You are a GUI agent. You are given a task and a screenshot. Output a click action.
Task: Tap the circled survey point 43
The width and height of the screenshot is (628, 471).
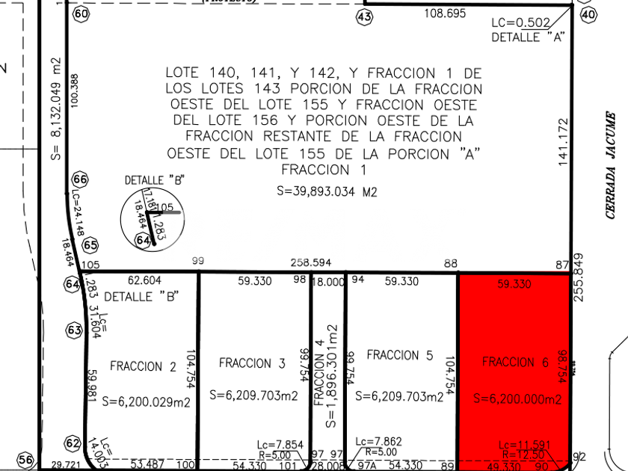coord(365,16)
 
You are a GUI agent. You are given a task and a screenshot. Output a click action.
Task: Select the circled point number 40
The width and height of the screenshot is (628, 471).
coord(589,14)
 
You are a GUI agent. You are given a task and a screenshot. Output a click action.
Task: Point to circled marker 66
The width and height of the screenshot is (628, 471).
coord(80,179)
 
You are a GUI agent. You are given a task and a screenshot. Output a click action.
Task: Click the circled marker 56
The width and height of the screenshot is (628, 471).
coord(25,459)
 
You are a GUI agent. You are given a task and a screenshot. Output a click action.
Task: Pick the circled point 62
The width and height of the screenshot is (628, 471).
coord(73,443)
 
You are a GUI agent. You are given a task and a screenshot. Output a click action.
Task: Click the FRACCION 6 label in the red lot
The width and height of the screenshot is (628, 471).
coord(515,363)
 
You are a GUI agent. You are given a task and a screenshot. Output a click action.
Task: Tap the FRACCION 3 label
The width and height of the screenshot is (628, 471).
coord(252,363)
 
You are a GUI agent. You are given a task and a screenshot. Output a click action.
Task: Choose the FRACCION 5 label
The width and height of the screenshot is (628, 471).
coord(400,355)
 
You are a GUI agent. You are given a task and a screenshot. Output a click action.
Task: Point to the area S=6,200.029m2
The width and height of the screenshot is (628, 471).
coord(150,401)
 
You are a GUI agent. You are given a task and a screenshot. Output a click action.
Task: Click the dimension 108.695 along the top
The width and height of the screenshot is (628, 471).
coord(445,13)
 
